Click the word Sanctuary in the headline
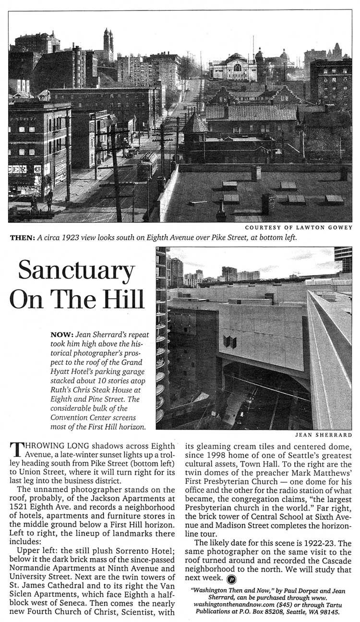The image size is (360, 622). [76, 272]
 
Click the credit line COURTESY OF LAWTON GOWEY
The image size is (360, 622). [298, 227]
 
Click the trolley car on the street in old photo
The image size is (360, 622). [146, 166]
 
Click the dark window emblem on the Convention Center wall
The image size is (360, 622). [230, 342]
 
